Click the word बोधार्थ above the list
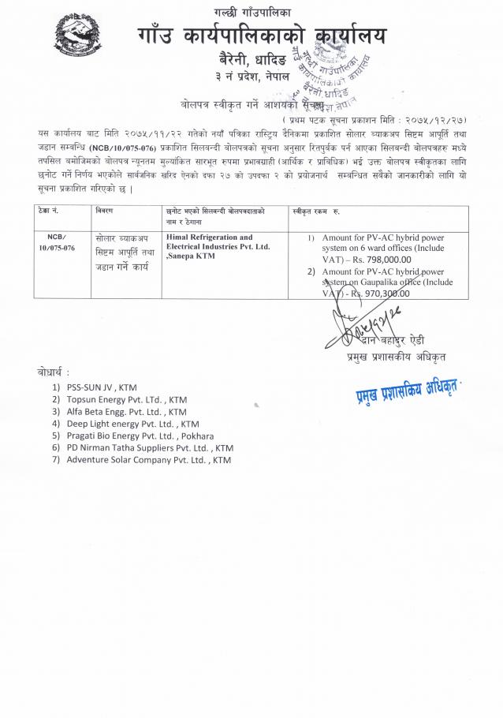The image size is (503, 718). [52, 372]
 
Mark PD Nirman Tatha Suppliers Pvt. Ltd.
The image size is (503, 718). [150, 447]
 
